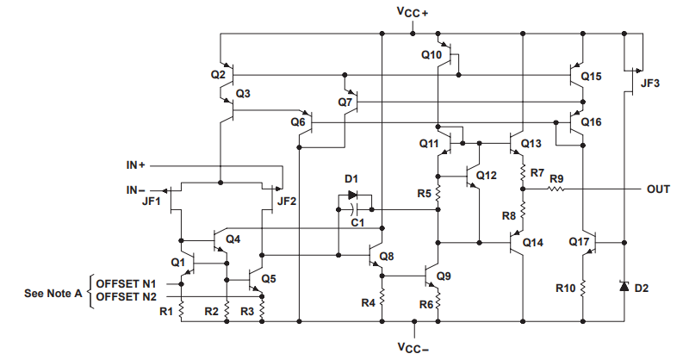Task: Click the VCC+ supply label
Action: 413,11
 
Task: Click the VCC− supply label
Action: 413,348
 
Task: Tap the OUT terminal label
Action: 659,188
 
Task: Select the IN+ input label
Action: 137,164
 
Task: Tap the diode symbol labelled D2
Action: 623,284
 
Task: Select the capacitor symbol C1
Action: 354,208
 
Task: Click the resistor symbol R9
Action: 557,188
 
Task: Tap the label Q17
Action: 579,242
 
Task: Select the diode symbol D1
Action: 353,195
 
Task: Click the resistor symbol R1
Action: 182,309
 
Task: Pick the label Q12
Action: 487,176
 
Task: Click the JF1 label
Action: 152,202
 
